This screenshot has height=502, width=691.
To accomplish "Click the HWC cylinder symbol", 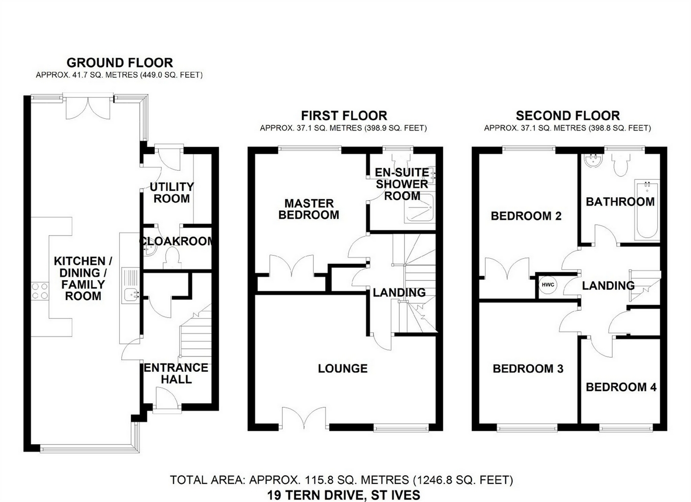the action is pos(548,285).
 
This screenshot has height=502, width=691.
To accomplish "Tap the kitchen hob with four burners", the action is pos(40,291).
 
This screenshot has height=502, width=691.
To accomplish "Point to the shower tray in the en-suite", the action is pos(420,208).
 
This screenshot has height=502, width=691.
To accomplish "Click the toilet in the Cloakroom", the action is pos(172,259).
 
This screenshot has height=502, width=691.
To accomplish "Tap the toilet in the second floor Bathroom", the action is pos(621,164).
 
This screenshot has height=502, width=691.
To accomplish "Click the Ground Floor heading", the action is pos(120,63).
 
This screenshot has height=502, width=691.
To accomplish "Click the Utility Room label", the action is pos(172,193).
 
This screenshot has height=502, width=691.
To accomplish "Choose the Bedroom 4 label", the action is pos(621,387).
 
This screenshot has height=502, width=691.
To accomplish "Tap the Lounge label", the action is pos(343,368).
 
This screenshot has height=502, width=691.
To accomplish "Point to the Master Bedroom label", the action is pos(309,209).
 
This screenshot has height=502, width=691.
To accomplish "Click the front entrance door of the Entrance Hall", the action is pos(167,400).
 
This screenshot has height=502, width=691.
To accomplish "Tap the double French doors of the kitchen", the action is pos(88,108).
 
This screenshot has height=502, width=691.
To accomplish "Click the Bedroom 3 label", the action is pos(528,368).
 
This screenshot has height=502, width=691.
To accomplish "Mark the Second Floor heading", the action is pos(568,116).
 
